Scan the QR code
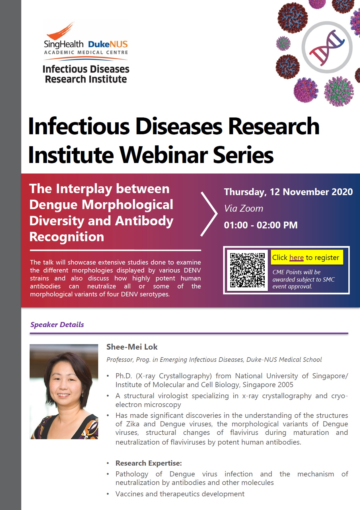[247, 270]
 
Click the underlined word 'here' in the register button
[297, 257]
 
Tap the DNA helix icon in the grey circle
[327, 47]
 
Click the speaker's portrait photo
[64, 391]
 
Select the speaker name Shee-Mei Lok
[132, 347]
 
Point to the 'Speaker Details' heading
[57, 325]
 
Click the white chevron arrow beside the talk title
[209, 214]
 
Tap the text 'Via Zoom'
[244, 208]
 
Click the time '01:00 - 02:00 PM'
[261, 225]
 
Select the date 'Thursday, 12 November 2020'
[288, 192]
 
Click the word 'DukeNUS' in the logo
[108, 44]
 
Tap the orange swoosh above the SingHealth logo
[61, 31]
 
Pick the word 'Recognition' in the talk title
[67, 237]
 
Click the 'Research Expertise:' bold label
[149, 463]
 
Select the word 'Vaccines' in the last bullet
[129, 494]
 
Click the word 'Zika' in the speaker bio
[133, 424]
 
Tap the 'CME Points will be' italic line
[297, 272]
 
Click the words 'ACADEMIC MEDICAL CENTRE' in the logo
[86, 52]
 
